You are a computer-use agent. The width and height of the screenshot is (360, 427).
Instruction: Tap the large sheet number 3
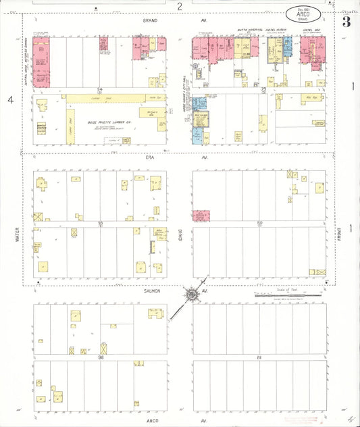346,22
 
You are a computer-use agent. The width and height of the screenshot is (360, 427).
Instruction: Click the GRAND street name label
150,21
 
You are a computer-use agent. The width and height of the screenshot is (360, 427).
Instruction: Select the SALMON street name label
150,290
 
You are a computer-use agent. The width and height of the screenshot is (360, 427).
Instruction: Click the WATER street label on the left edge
18,234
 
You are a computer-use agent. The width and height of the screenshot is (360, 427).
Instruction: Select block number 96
100,355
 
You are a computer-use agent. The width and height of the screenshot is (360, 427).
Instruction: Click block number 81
258,355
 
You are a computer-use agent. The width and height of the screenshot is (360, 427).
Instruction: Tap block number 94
99,89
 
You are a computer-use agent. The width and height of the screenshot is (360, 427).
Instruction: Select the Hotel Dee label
311,30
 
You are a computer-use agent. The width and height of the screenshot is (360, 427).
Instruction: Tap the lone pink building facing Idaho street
201,216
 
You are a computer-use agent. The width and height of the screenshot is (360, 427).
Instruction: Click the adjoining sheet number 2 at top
180,6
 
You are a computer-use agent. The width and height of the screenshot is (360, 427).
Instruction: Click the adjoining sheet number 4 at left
10,100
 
